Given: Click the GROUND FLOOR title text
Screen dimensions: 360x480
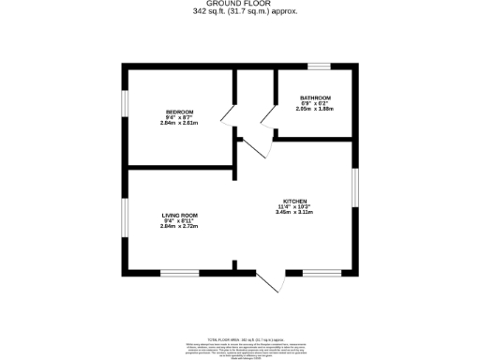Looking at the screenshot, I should [239, 5].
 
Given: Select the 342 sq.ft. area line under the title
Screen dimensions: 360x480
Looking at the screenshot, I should [239, 12].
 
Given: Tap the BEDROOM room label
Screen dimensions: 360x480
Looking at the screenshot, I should [179, 112].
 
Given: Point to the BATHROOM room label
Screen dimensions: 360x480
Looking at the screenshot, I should [315, 98].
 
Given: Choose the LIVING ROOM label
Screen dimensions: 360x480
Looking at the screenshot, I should [179, 215].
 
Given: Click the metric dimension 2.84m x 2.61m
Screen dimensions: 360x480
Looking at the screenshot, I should [179, 124].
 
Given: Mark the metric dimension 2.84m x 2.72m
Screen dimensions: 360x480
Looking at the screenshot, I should [179, 226].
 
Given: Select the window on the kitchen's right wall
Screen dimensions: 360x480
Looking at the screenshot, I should [354, 185].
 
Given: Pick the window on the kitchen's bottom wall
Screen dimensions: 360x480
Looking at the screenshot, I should [321, 272].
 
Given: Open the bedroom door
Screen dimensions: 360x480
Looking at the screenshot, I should [227, 117].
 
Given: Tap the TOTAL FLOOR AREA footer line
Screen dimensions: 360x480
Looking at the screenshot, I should [239, 335].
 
